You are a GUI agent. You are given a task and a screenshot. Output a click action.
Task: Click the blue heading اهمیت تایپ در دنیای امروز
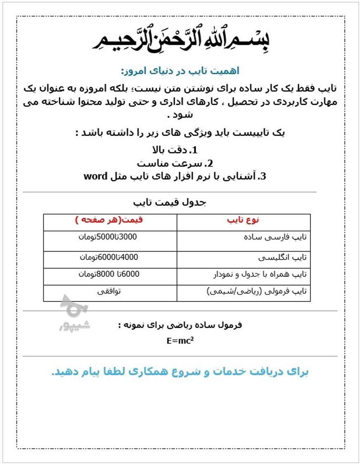180,71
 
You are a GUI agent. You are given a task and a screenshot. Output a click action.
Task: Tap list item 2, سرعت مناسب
175,163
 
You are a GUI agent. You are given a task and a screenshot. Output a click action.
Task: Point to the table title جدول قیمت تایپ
170,203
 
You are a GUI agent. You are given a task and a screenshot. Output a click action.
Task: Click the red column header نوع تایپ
243,220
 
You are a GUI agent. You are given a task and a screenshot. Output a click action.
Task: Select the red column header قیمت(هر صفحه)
109,220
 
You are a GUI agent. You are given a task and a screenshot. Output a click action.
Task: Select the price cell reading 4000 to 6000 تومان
109,257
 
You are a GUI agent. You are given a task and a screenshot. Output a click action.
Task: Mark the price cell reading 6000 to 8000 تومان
109,273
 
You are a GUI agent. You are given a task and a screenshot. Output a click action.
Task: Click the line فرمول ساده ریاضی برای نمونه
180,325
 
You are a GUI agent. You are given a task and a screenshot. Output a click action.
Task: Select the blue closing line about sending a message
180,372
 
